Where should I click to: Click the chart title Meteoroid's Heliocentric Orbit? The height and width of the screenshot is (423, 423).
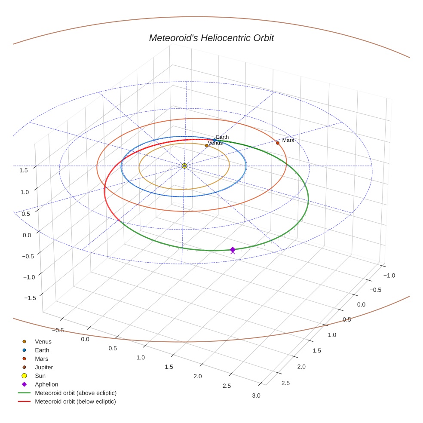pos(211,38)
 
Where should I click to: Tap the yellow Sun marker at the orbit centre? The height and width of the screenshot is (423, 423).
pos(184,166)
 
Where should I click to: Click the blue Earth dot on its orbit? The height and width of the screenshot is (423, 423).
pos(215,140)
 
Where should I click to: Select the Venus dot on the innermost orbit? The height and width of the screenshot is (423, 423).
pos(207,146)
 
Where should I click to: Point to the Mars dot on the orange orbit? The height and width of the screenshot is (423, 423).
pos(278,143)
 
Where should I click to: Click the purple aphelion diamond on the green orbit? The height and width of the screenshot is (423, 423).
pos(233,250)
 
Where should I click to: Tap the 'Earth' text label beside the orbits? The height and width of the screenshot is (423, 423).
pos(222,137)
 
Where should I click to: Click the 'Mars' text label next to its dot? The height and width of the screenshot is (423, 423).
pos(288,141)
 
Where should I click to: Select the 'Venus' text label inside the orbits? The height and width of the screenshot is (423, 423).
pos(215,143)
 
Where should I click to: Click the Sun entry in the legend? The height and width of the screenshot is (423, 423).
pos(40,376)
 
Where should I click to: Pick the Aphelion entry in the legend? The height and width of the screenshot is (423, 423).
pos(46,384)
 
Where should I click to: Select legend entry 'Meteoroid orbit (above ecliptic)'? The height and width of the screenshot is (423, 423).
pos(76,393)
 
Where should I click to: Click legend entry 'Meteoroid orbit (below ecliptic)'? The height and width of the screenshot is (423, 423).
pos(75,402)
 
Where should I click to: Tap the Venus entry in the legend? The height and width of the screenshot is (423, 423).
pos(43,342)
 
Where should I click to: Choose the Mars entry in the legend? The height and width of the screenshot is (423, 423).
pos(42,359)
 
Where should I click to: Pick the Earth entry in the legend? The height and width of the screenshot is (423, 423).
pos(42,350)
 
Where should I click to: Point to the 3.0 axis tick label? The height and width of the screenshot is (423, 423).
pos(256,395)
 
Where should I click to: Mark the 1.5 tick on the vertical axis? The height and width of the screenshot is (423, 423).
pos(24,170)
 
